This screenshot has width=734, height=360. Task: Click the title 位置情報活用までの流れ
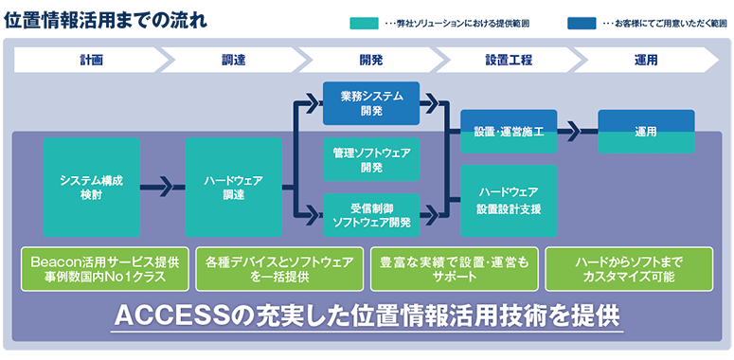coord(106,19)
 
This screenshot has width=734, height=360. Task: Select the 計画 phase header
coord(92,60)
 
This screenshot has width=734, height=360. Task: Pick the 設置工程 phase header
coord(509,60)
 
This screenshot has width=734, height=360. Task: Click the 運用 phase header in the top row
coord(646,60)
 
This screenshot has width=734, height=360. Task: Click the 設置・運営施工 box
coord(509,132)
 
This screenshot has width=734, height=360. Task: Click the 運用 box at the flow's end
coord(646,132)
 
